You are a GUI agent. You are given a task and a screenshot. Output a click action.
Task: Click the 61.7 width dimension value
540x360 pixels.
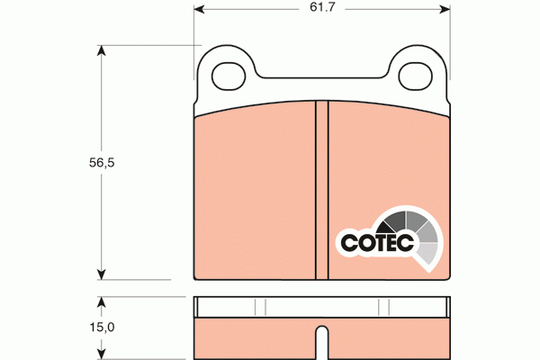click(322, 11)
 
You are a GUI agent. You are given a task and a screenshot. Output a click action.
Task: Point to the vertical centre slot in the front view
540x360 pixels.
click(321, 189)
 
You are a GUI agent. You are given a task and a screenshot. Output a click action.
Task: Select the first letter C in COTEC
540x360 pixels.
click(349, 242)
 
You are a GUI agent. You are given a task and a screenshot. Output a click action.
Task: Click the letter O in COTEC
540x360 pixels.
click(364, 242)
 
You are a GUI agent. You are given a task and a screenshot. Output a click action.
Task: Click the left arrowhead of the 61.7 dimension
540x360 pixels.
click(200, 11)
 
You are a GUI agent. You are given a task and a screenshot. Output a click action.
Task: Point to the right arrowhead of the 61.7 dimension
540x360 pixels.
click(444, 11)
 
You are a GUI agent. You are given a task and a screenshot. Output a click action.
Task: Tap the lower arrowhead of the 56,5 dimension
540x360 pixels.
click(101, 274)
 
